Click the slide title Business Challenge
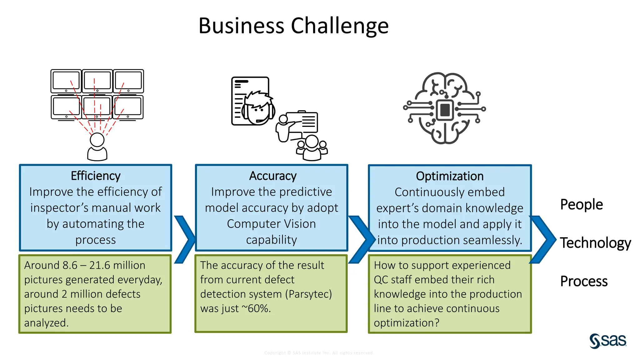click(x=293, y=26)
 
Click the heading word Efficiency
click(x=95, y=176)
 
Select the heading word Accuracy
click(x=272, y=176)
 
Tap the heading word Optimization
click(x=449, y=176)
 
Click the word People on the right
click(x=581, y=204)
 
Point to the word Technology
click(x=595, y=243)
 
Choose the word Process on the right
click(x=583, y=281)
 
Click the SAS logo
click(x=607, y=341)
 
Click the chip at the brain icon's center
click(x=444, y=109)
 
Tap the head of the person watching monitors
click(x=97, y=140)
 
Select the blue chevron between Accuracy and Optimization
click(x=361, y=239)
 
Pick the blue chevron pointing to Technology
click(x=542, y=239)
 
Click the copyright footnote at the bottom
click(x=319, y=353)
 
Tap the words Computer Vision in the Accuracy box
click(x=271, y=224)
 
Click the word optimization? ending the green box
click(x=406, y=323)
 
